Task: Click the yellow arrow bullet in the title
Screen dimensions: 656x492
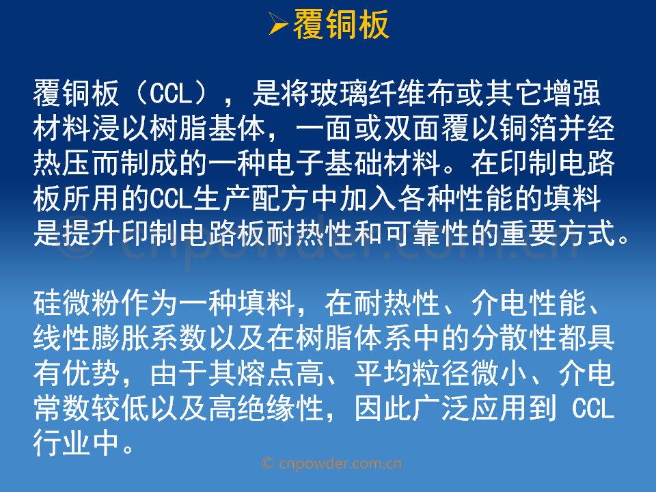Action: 278,23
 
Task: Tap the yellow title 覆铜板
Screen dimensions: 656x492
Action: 341,25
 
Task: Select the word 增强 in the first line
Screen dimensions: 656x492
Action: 573,93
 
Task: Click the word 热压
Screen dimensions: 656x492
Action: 62,163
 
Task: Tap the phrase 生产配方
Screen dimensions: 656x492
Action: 251,198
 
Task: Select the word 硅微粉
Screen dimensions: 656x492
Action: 77,303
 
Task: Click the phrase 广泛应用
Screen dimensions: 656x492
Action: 471,409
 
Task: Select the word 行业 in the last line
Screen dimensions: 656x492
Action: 62,443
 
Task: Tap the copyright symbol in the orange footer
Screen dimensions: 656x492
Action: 268,463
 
